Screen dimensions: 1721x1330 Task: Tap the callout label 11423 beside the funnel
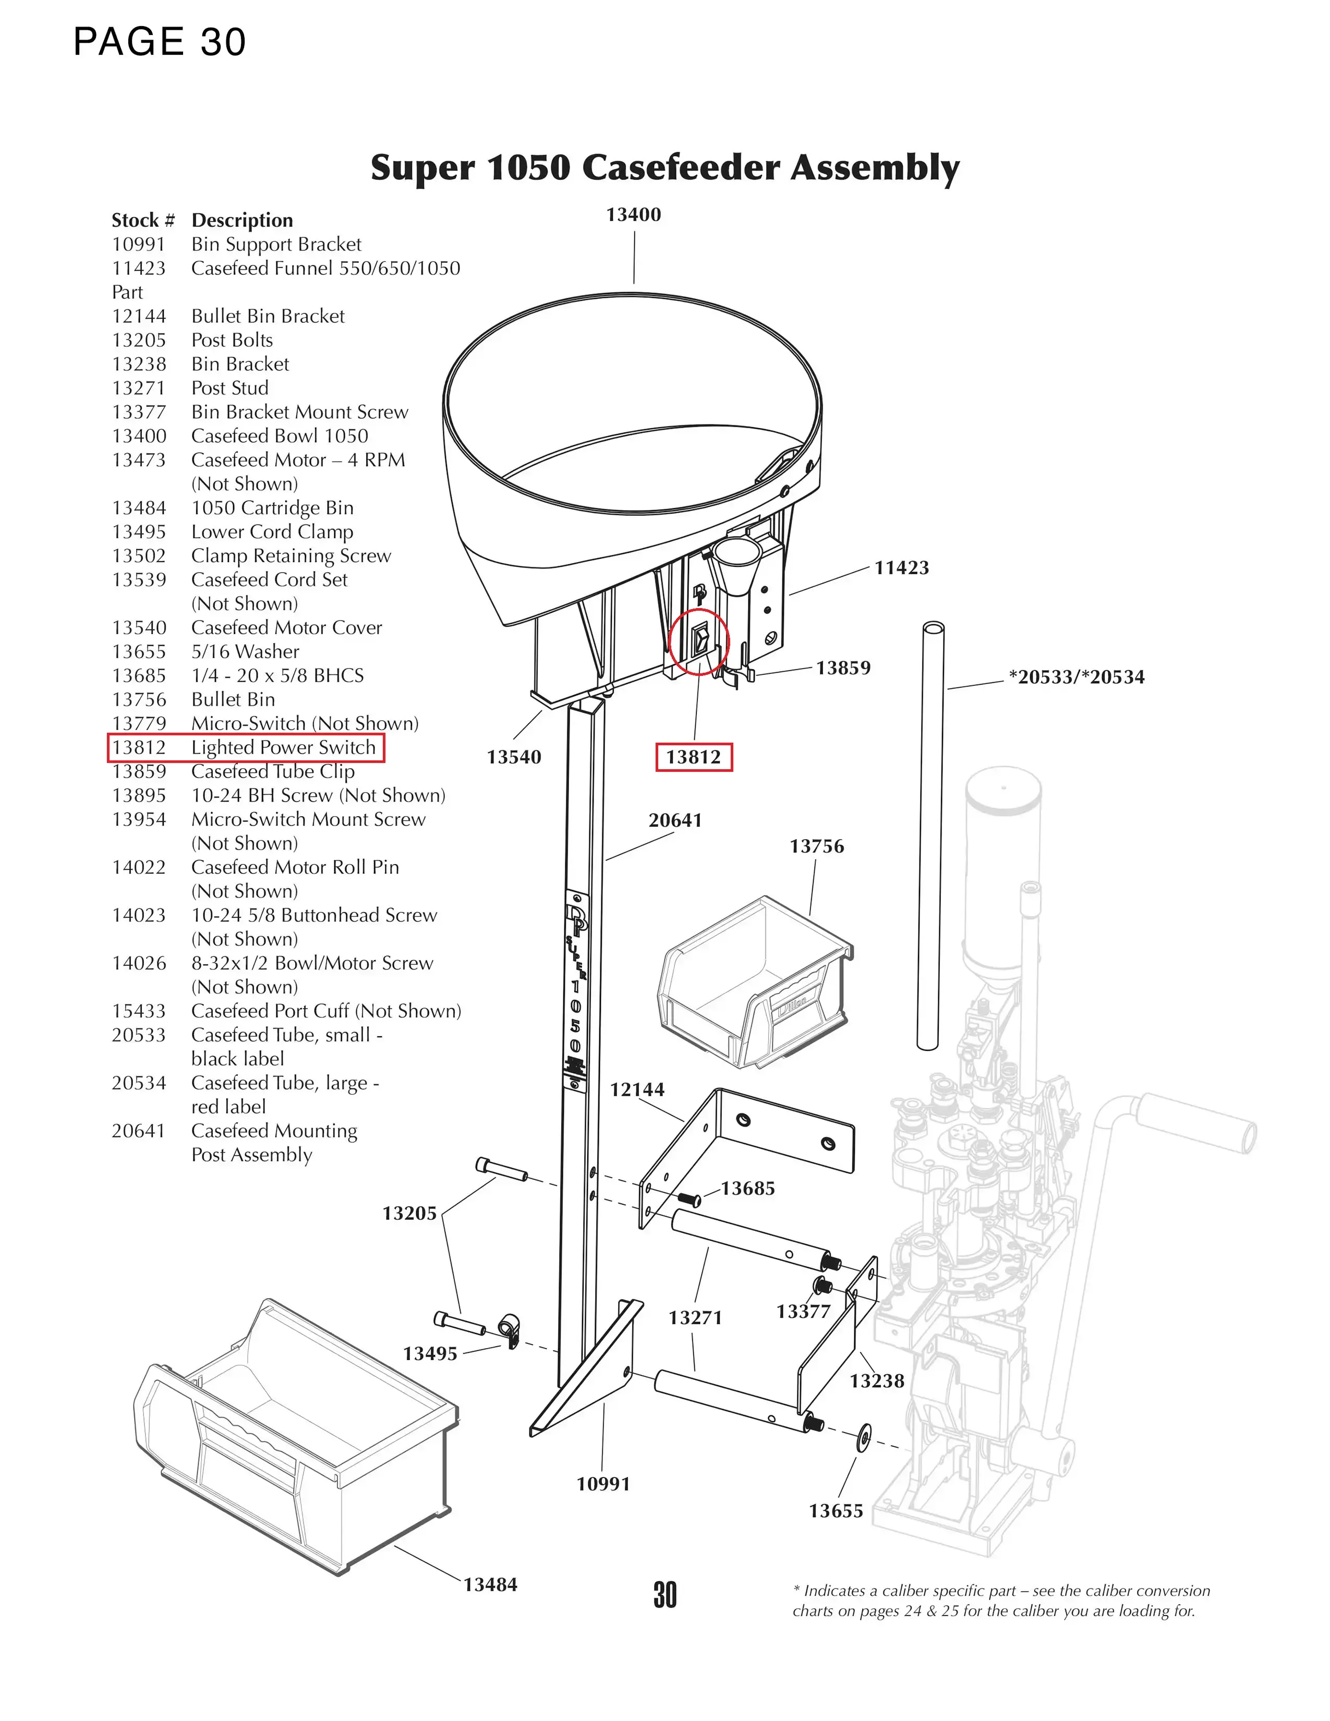pyautogui.click(x=901, y=567)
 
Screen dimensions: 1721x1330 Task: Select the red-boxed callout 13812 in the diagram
pyautogui.click(x=693, y=757)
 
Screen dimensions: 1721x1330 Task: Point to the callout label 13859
pyautogui.click(x=843, y=668)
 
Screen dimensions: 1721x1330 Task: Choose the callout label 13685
pyautogui.click(x=748, y=1189)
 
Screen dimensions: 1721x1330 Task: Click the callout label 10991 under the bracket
pyautogui.click(x=603, y=1484)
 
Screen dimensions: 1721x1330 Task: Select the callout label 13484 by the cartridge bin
pyautogui.click(x=490, y=1585)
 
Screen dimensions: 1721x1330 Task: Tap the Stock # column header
pyautogui.click(x=142, y=220)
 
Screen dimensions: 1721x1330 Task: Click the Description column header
pyautogui.click(x=242, y=220)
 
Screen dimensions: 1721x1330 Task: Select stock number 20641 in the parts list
pyautogui.click(x=139, y=1131)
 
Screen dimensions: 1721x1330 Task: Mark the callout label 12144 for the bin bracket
pyautogui.click(x=637, y=1090)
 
